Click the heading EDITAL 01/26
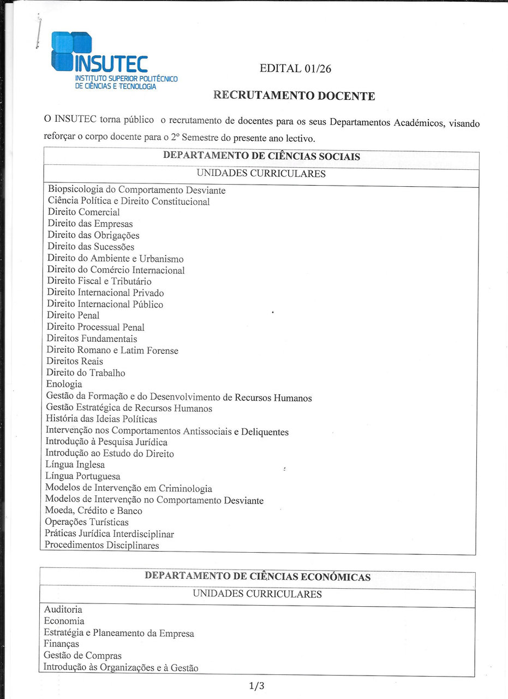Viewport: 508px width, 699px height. [x=295, y=68]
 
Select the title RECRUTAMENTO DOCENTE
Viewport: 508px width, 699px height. [x=294, y=96]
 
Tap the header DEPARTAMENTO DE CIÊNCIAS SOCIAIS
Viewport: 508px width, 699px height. [x=261, y=156]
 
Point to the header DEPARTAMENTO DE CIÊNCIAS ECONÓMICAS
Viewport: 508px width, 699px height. [x=258, y=577]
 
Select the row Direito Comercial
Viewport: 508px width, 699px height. [x=83, y=212]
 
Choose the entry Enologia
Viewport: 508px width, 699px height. [x=64, y=384]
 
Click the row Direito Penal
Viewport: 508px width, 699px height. [x=73, y=316]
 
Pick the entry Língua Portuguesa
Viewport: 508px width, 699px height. [x=83, y=476]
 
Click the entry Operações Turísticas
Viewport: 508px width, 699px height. [x=87, y=523]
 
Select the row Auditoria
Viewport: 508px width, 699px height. [x=63, y=609]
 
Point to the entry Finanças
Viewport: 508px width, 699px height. [x=62, y=644]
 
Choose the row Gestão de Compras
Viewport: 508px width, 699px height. [x=83, y=656]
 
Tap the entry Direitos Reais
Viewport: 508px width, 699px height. [x=75, y=362]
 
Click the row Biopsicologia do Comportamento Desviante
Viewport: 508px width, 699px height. [x=136, y=190]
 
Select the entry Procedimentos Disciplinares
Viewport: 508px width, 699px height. [x=102, y=546]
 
